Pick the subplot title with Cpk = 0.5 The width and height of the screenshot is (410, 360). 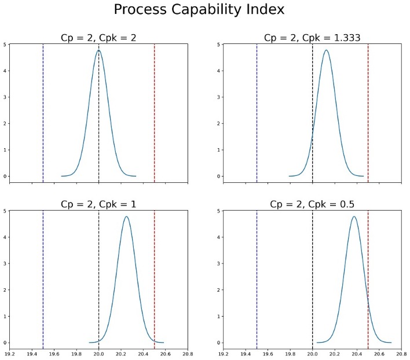point(312,204)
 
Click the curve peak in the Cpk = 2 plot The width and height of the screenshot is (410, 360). point(98,50)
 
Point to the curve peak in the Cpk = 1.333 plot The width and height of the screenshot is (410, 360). point(326,50)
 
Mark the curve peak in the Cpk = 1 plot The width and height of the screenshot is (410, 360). point(126,217)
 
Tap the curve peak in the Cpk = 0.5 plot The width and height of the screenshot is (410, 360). point(354,217)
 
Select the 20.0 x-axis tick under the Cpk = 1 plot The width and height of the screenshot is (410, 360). point(98,352)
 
